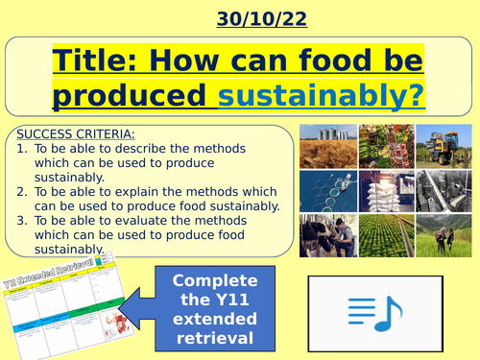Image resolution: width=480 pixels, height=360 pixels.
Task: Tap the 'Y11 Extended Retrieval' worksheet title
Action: click(60, 259)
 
